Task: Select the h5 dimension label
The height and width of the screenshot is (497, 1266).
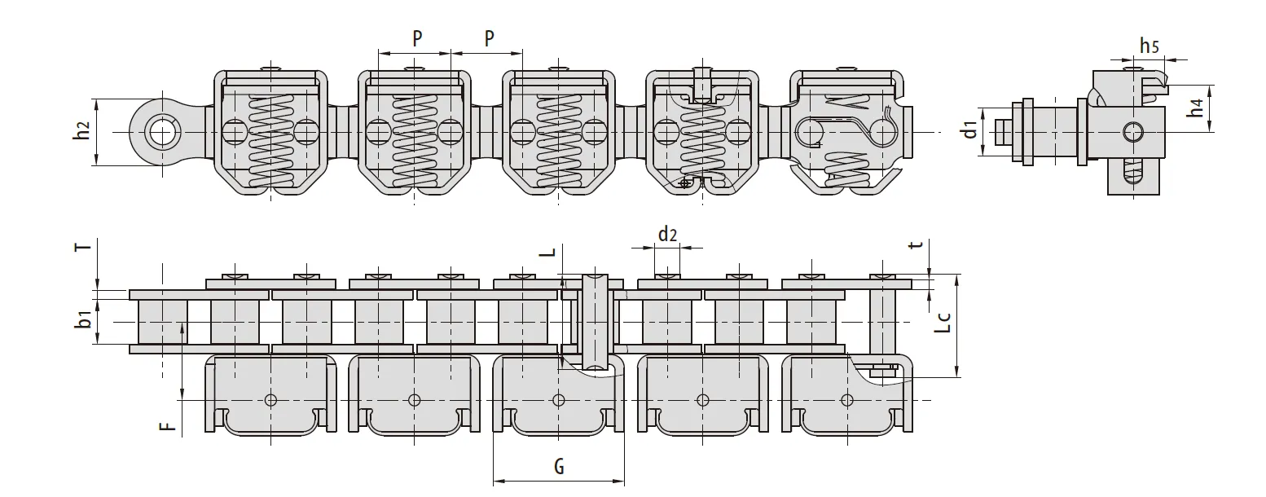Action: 1150,46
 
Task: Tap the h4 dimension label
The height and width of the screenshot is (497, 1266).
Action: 1195,108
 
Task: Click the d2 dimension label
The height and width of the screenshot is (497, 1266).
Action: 667,235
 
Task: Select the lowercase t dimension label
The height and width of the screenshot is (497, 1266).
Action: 918,247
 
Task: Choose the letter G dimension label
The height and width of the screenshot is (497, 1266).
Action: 559,467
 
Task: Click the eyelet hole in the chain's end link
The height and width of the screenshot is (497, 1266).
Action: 161,132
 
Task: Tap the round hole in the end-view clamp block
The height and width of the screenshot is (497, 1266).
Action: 1132,131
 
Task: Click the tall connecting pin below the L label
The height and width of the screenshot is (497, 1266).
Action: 594,321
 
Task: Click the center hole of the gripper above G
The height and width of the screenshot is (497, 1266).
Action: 558,399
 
